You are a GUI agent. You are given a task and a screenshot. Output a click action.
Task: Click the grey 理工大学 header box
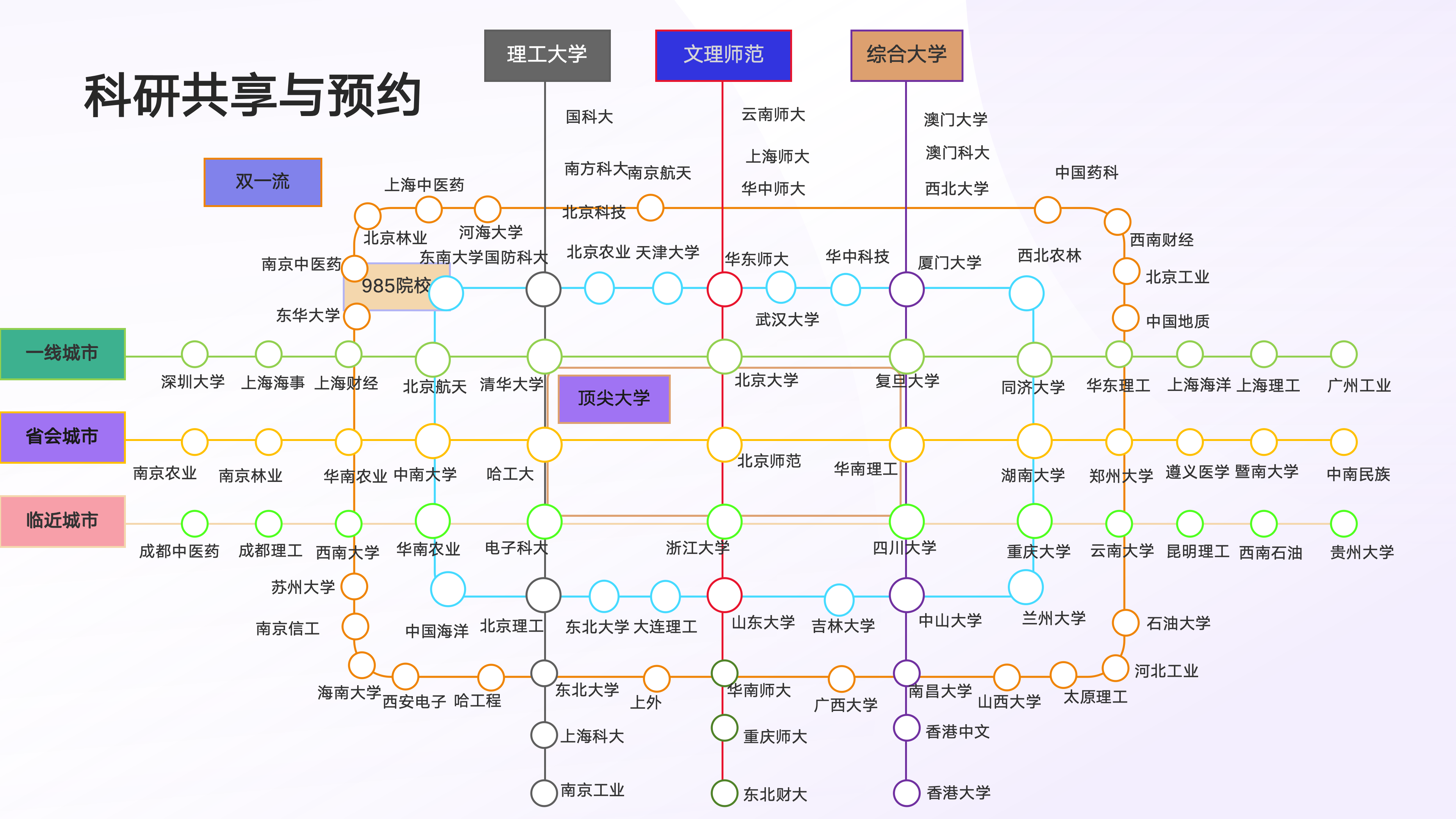coord(547,55)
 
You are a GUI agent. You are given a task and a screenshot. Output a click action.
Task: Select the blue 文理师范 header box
coord(723,55)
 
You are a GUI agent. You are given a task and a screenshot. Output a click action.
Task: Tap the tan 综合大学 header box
coord(907,55)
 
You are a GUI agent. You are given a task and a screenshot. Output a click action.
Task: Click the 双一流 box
coord(263,182)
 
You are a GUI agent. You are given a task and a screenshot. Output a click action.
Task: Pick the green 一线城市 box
coord(62,354)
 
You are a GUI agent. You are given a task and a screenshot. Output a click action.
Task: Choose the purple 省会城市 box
coord(62,437)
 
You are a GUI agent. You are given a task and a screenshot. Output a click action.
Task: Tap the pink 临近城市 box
coord(62,521)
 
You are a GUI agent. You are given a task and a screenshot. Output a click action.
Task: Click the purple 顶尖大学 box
coord(614,399)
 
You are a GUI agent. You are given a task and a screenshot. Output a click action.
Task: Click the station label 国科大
coord(590,117)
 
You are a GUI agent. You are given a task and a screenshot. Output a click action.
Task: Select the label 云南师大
coord(773,115)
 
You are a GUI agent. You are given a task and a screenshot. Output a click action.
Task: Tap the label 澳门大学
coord(956,119)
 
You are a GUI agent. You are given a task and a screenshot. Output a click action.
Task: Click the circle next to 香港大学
coord(907,793)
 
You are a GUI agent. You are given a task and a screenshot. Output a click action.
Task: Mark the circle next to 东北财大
coord(724,793)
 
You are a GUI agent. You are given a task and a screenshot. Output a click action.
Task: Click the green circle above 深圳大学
coord(195,355)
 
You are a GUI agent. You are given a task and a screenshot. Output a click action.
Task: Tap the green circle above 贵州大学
coord(1343,524)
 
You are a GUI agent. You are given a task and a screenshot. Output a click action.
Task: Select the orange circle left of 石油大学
coord(1125,623)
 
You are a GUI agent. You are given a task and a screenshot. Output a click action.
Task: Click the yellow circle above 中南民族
coord(1343,442)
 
